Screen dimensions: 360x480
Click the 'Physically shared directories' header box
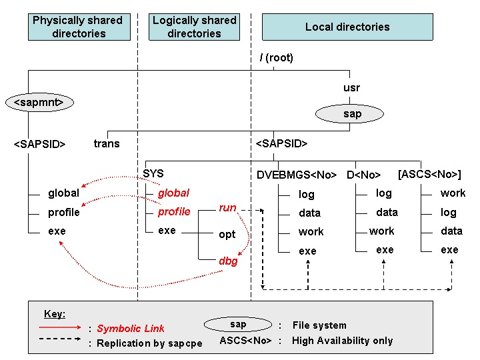[x=79, y=27]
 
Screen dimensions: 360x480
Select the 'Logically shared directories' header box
[x=194, y=27]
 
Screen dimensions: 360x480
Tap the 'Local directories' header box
[x=347, y=27]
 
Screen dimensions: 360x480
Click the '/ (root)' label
[x=277, y=58]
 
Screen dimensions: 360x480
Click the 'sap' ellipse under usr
[x=352, y=114]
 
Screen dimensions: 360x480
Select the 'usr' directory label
[x=351, y=88]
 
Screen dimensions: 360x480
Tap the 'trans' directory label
[x=107, y=143]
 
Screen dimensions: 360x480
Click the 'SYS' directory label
[x=153, y=173]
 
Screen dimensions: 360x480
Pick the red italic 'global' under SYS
[x=173, y=193]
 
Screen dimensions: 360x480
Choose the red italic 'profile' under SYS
[x=174, y=212]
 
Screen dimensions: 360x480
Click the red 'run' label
[x=227, y=208]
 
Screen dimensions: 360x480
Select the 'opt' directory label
[x=227, y=235]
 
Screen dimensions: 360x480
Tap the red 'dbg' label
[x=228, y=261]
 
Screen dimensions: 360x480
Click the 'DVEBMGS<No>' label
[x=297, y=175]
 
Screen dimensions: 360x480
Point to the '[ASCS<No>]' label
[x=429, y=175]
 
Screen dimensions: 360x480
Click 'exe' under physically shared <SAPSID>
[x=57, y=231]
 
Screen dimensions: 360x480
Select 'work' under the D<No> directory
[x=382, y=231]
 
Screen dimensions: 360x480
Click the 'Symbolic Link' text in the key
[x=131, y=329]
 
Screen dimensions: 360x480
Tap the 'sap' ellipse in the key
[x=238, y=325]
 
